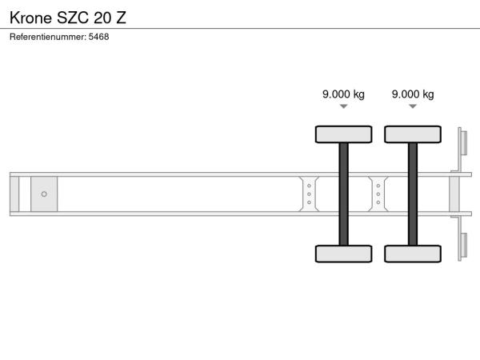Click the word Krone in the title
(30, 18)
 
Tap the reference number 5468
(98, 37)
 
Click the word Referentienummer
(48, 37)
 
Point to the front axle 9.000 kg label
(343, 94)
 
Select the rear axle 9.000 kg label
(413, 94)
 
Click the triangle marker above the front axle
(344, 106)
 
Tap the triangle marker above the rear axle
(413, 106)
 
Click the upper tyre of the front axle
(344, 134)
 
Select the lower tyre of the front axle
(344, 254)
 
